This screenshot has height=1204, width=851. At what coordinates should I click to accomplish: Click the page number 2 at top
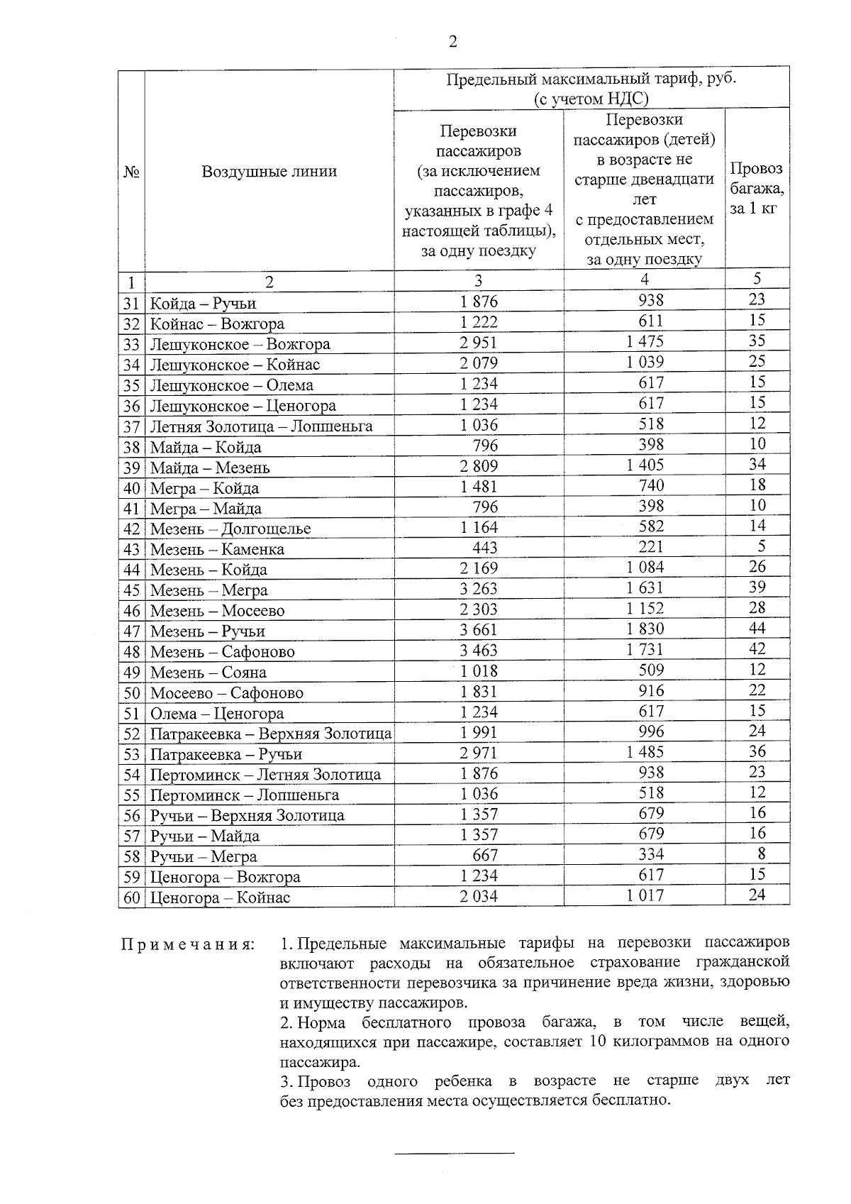click(x=452, y=42)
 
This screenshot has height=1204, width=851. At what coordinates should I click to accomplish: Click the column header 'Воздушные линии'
click(x=269, y=171)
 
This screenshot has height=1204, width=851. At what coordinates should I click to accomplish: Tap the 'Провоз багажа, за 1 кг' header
click(x=757, y=188)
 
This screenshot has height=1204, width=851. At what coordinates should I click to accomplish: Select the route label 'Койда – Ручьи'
click(x=203, y=304)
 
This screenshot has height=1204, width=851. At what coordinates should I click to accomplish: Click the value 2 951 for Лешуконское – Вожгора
click(x=479, y=343)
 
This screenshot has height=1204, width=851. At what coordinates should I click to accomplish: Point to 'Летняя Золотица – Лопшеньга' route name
click(x=261, y=426)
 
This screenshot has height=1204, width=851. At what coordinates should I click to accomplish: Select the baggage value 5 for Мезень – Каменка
click(x=761, y=547)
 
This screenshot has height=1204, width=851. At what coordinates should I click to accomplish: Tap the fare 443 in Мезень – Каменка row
click(x=484, y=548)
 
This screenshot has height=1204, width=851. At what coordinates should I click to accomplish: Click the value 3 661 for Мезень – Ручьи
click(x=479, y=630)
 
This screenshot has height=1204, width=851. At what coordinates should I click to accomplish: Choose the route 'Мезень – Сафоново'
click(x=222, y=651)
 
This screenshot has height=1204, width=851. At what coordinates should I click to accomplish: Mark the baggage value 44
click(x=757, y=629)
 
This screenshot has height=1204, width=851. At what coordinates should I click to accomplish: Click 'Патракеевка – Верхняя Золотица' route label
click(x=270, y=734)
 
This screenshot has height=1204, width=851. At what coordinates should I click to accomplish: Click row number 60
click(x=131, y=898)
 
